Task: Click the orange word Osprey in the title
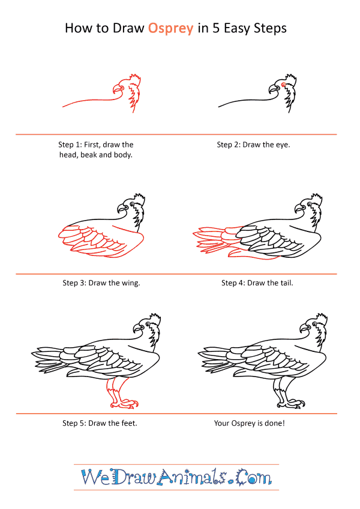coord(170,29)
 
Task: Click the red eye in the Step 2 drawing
coord(283,85)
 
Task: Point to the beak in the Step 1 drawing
coord(116,89)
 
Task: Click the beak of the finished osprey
coord(304,328)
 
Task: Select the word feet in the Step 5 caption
coord(129,423)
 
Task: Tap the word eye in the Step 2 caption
coord(283,144)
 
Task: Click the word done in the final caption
coord(275,423)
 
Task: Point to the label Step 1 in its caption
coord(70,144)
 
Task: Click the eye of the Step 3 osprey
coord(132,204)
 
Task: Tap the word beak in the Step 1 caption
coord(88,155)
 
